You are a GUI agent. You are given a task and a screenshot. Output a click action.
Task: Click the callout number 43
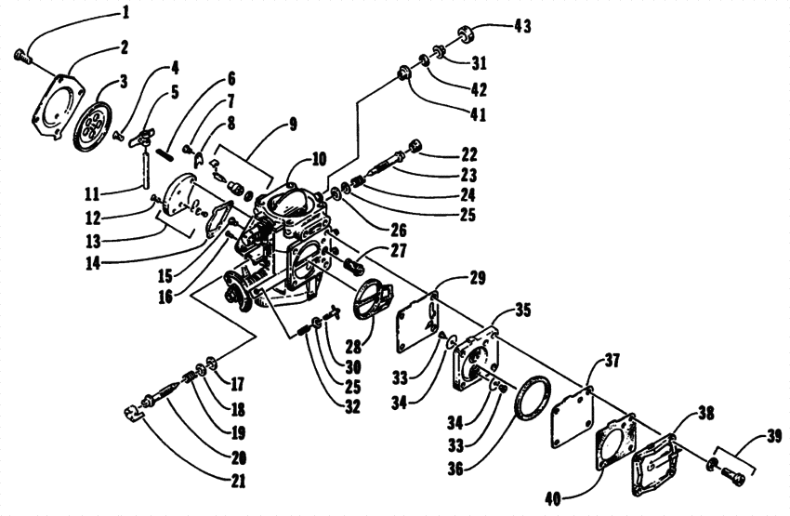(523, 27)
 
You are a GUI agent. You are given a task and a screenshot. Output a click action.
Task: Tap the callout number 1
(125, 14)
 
